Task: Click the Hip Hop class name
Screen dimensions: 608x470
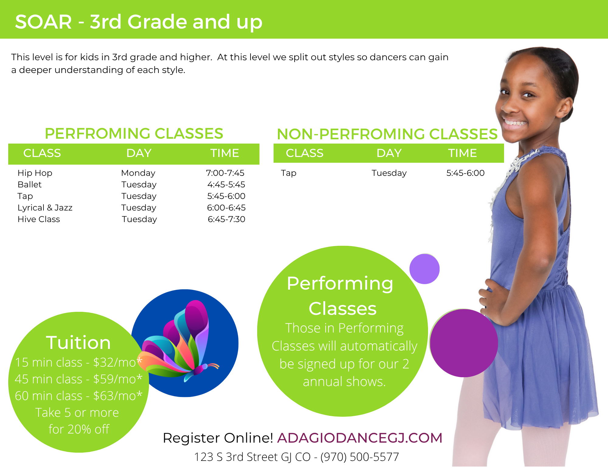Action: [x=35, y=173]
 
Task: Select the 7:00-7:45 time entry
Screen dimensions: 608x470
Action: [x=225, y=173]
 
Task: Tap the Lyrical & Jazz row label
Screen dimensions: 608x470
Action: [x=45, y=208]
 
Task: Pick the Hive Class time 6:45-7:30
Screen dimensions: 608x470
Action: [x=226, y=219]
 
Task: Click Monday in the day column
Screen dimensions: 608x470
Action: [x=138, y=173]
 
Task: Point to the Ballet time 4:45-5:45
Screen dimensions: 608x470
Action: [x=226, y=185]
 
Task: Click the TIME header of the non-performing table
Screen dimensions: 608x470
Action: [x=462, y=153]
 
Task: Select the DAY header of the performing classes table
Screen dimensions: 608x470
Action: [x=139, y=153]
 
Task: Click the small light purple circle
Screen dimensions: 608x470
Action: [x=424, y=269]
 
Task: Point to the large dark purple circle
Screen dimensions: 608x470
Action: [x=464, y=343]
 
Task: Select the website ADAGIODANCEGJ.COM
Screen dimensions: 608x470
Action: [x=360, y=438]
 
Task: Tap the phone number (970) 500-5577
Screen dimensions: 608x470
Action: [x=360, y=457]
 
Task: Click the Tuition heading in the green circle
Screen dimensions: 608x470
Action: [x=78, y=343]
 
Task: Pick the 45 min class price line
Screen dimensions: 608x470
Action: [x=78, y=379]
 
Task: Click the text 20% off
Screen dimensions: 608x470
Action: [x=88, y=429]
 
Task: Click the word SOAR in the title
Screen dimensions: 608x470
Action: [x=43, y=22]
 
